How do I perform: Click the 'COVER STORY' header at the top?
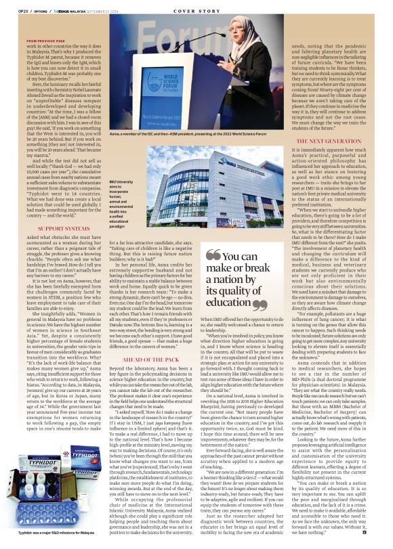pos(196,11)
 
